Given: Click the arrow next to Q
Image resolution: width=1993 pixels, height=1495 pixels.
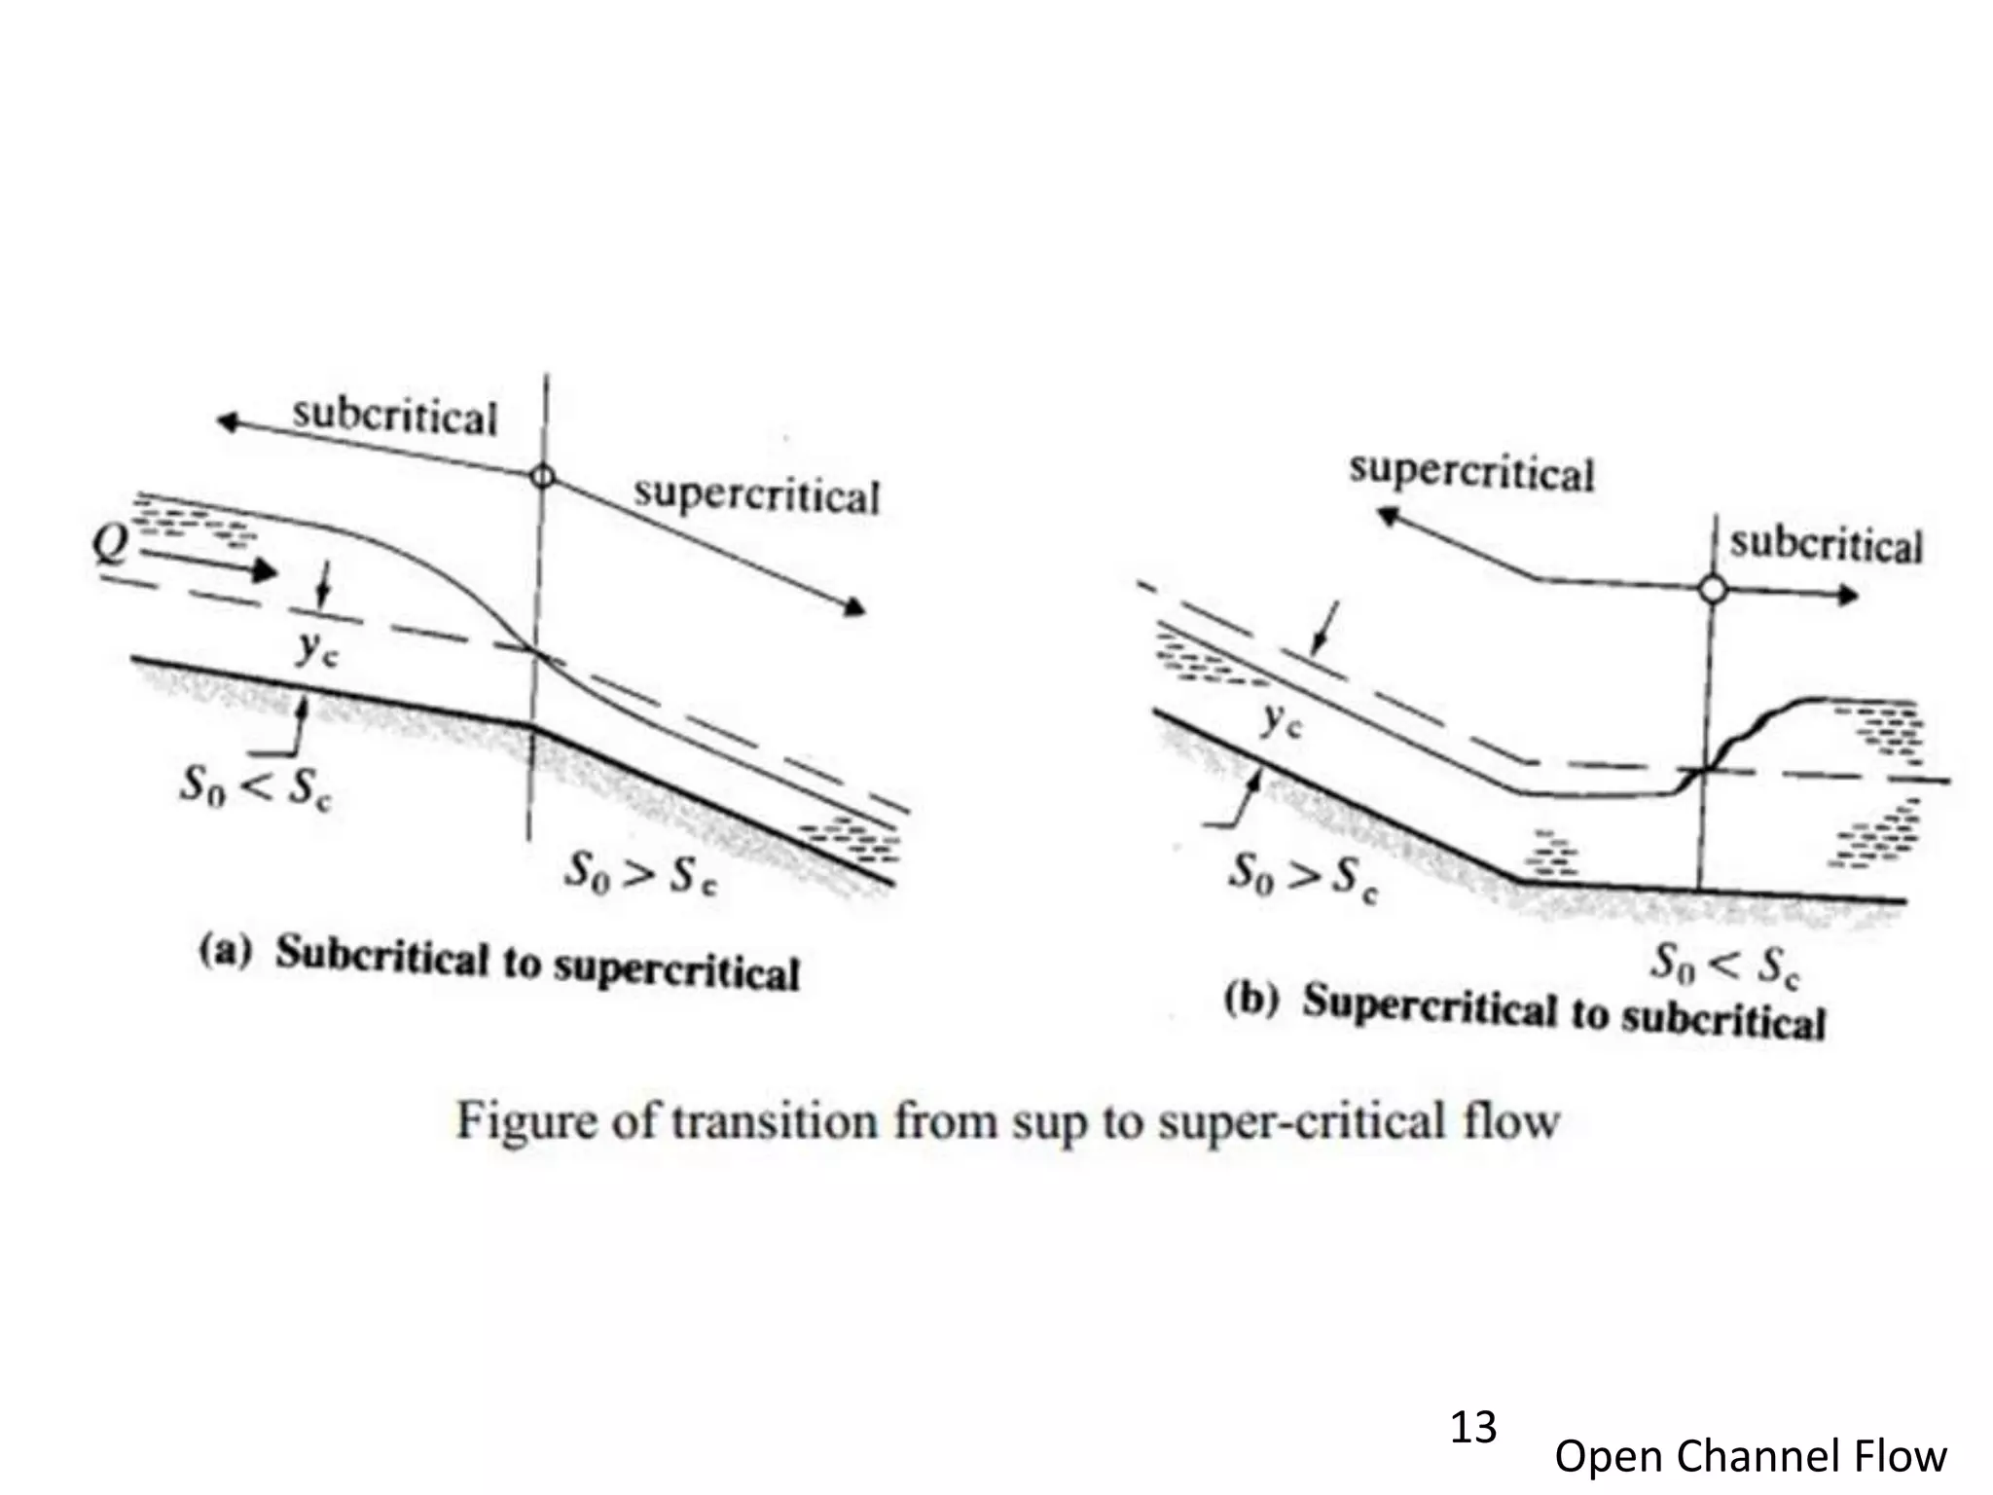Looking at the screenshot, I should [209, 565].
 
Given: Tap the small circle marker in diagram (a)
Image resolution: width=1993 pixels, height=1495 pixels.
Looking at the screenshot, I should [543, 477].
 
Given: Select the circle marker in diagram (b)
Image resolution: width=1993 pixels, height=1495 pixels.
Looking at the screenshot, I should [1713, 589].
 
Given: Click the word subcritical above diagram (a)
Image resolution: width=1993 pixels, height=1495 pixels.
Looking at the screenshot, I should [394, 417].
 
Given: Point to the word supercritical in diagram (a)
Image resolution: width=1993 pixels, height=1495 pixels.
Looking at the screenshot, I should [756, 495].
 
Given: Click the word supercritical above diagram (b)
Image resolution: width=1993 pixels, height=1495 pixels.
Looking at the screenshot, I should [1471, 473].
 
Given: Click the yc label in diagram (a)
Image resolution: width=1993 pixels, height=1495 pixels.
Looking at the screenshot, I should [316, 648].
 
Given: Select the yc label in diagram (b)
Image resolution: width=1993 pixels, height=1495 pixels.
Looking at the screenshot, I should [1280, 720].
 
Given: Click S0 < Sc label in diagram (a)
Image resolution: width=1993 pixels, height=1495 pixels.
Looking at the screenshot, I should [255, 787].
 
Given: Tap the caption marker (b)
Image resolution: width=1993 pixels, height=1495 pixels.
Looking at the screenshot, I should [1250, 1001].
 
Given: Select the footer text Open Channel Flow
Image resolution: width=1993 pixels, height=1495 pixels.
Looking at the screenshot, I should [1750, 1456].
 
